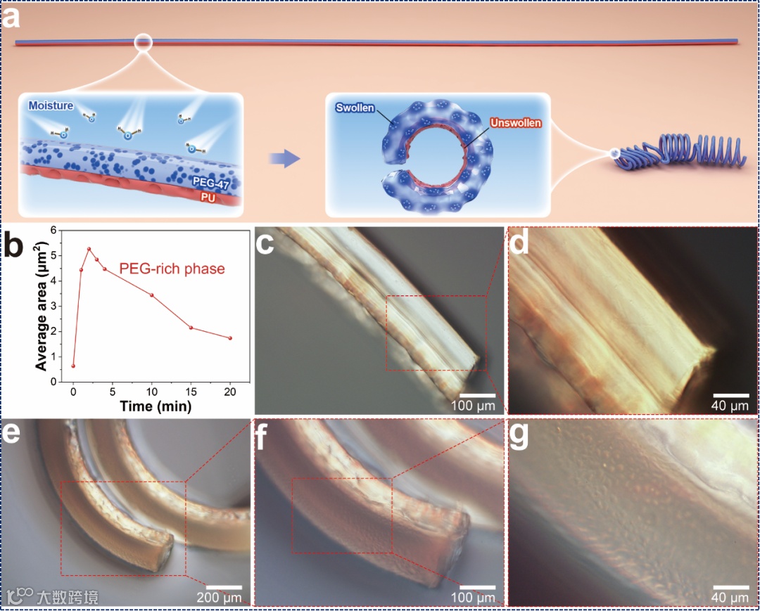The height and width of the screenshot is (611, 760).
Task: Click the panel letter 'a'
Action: pyautogui.click(x=12, y=18)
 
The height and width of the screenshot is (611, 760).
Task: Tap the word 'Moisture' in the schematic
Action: pyautogui.click(x=50, y=105)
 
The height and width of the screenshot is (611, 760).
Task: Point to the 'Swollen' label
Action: pyautogui.click(x=355, y=110)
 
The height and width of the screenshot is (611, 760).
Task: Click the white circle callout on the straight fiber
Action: pyautogui.click(x=144, y=43)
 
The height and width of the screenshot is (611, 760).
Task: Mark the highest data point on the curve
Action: pyautogui.click(x=89, y=249)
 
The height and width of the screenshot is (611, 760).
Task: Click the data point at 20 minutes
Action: pyautogui.click(x=230, y=338)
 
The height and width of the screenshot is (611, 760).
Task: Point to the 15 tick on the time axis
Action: pyautogui.click(x=191, y=391)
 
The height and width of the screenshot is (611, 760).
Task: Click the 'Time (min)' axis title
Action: pyautogui.click(x=155, y=406)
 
